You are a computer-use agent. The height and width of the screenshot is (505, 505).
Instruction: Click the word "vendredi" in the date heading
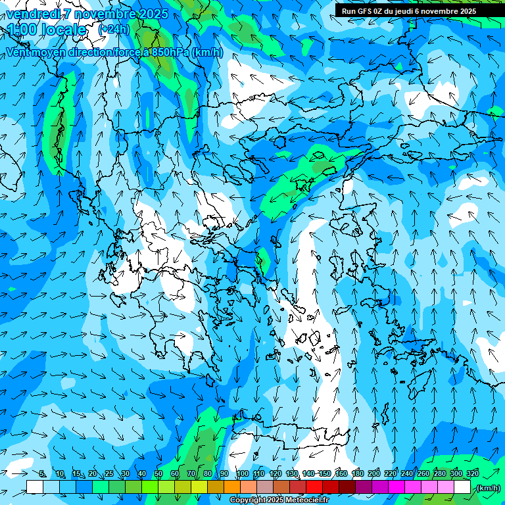click(x=32, y=14)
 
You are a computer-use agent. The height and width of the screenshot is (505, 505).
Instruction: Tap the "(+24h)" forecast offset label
click(x=114, y=30)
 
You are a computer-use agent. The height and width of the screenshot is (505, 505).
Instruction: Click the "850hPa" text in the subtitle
click(x=169, y=53)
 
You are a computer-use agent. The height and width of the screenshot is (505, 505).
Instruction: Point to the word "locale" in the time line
click(x=63, y=30)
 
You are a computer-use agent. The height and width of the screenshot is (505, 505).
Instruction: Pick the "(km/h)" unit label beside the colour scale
click(x=488, y=488)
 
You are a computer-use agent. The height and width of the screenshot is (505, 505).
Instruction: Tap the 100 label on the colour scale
click(x=243, y=473)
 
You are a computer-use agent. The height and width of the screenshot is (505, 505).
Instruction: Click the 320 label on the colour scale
click(x=473, y=473)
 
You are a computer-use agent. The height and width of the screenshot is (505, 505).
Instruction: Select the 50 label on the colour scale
click(x=158, y=473)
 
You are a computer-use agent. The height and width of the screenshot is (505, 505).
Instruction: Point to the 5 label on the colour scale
click(x=43, y=473)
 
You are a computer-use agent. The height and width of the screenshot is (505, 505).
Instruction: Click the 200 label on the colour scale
click(x=374, y=473)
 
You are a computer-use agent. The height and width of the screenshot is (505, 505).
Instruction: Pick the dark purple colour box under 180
click(x=364, y=487)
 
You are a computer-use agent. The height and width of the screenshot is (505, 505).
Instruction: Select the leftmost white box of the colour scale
click(x=35, y=487)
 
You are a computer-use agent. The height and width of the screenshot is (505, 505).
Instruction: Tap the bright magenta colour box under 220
click(x=397, y=487)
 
